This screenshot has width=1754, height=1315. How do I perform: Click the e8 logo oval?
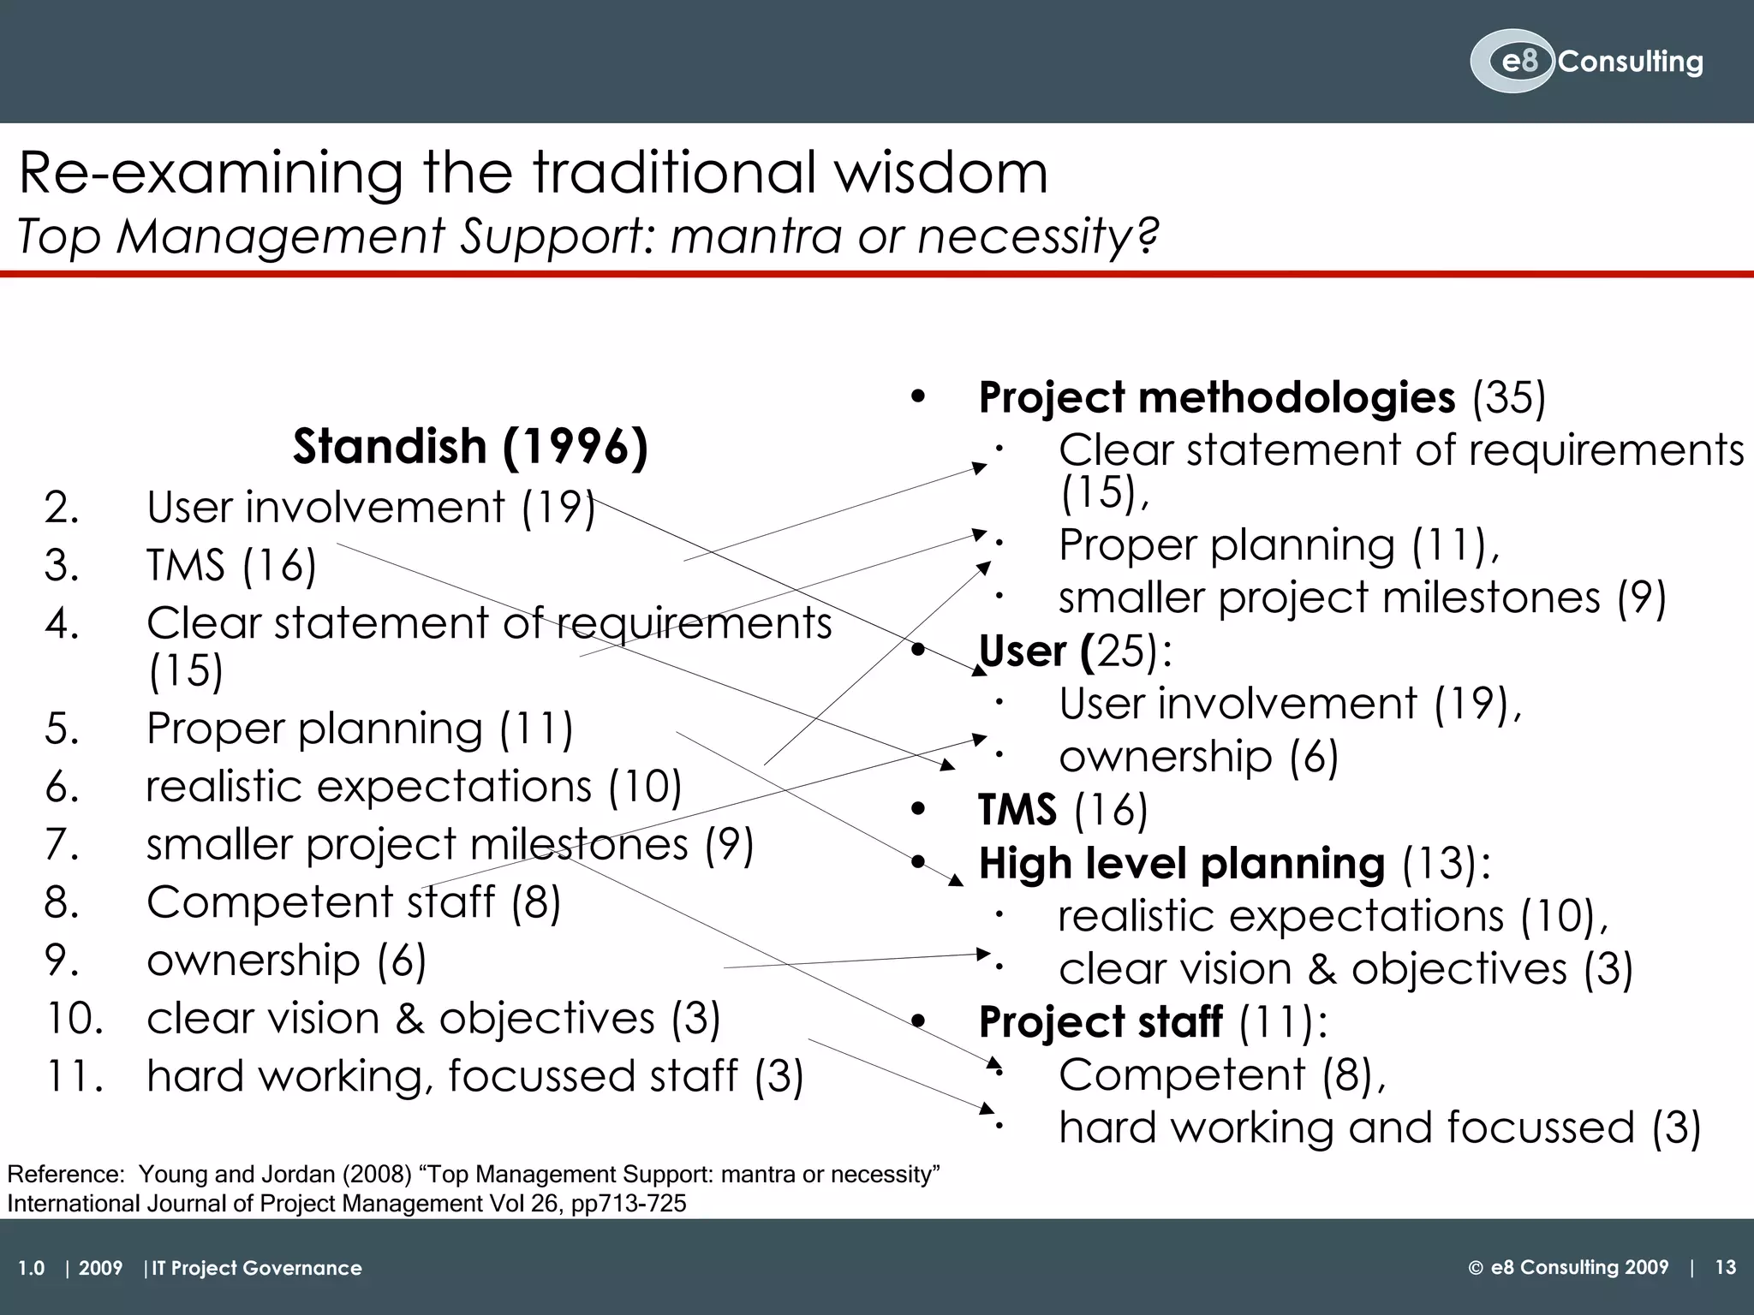[1512, 62]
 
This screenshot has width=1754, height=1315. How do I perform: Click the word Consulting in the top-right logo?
[1630, 62]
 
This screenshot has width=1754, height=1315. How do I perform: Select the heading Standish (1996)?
[470, 446]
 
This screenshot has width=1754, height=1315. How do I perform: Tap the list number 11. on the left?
[75, 1076]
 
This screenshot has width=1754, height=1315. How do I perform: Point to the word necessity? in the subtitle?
[1037, 236]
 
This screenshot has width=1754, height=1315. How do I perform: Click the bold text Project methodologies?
[1216, 398]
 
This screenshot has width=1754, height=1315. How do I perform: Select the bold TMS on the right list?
[1017, 810]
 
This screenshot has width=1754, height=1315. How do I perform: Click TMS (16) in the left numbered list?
[231, 565]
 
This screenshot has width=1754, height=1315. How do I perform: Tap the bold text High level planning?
[1181, 863]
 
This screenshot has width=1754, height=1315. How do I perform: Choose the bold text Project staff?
[1101, 1021]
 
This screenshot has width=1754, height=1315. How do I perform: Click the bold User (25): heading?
[1075, 652]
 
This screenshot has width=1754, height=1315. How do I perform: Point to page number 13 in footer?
[1725, 1268]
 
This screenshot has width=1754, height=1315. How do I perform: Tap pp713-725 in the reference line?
[628, 1205]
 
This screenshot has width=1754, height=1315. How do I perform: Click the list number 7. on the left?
[62, 845]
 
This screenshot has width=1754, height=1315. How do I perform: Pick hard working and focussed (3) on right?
[1379, 1128]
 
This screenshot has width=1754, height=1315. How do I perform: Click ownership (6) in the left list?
[286, 961]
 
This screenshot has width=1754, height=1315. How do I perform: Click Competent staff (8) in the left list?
[353, 902]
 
